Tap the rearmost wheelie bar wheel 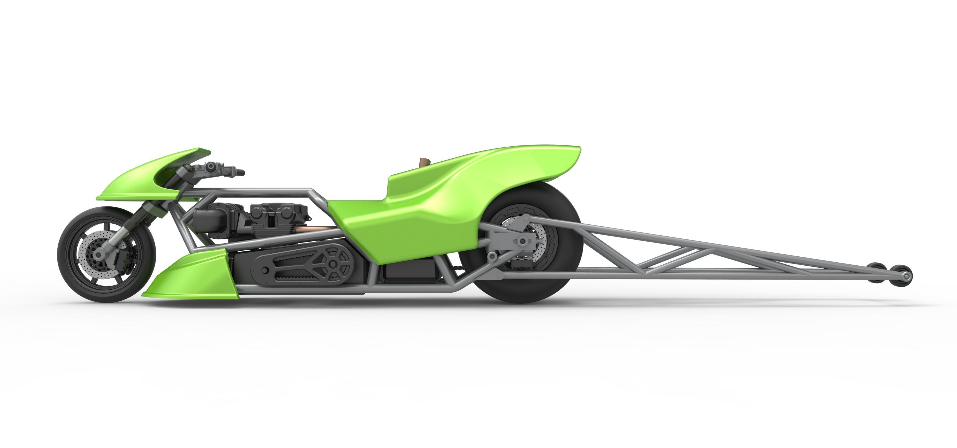tap(903, 275)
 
